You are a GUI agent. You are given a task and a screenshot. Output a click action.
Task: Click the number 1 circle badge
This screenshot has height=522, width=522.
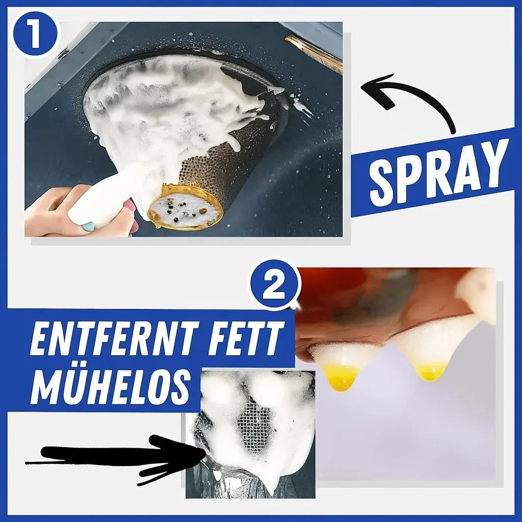point(36,34)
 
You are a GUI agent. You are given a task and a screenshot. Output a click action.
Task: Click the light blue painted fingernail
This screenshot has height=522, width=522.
point(88,228)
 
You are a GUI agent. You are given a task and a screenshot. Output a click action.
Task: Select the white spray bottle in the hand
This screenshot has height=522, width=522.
point(100,200)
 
